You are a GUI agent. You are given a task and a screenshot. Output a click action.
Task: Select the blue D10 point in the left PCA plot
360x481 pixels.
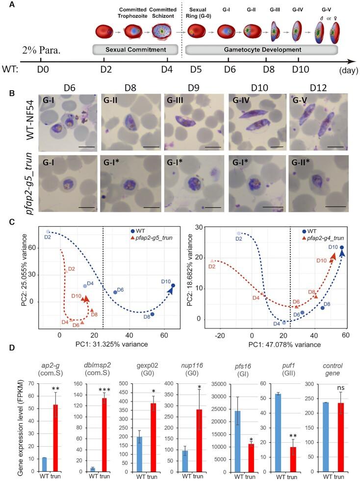tap(173, 285)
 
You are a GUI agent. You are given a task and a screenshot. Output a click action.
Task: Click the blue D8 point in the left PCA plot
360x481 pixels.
tap(152, 314)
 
